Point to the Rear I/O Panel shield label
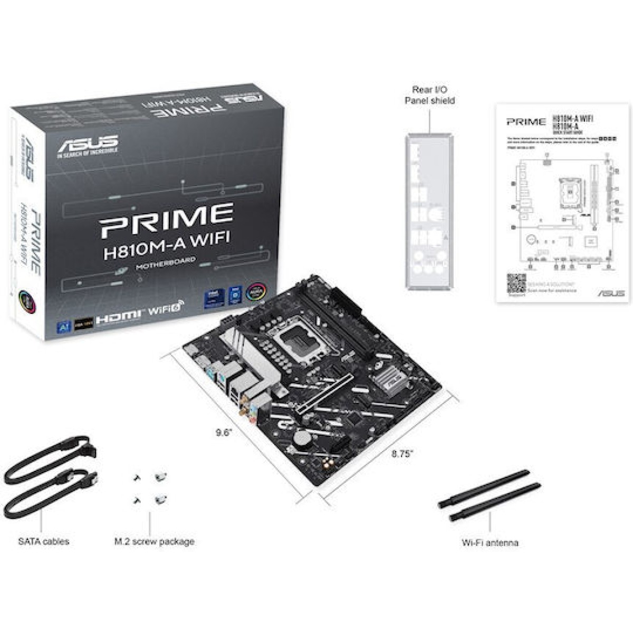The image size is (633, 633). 429,95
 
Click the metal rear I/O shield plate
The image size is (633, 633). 428,211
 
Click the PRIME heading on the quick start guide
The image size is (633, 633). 526,122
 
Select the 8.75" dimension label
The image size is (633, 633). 402,453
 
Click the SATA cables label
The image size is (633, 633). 43,541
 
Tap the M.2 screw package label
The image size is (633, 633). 154,541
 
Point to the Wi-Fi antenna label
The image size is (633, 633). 490,542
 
